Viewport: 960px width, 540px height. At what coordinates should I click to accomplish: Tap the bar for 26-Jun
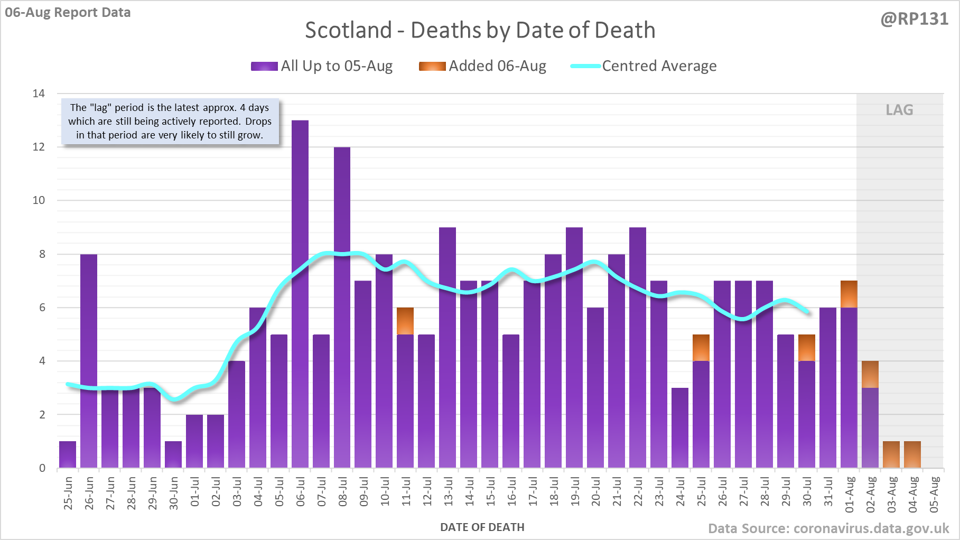(89, 360)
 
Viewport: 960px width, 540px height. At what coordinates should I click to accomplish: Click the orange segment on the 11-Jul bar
(405, 321)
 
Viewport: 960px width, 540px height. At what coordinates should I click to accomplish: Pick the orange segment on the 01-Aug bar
(849, 294)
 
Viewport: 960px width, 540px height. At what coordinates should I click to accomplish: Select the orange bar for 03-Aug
(891, 454)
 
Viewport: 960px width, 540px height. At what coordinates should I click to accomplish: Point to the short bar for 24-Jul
(680, 427)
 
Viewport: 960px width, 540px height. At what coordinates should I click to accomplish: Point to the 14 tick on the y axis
(39, 94)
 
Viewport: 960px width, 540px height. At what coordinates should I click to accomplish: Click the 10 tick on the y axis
(39, 200)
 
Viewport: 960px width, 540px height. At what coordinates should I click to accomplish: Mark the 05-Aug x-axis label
(934, 494)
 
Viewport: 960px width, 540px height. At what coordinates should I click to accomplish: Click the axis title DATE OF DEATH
(482, 527)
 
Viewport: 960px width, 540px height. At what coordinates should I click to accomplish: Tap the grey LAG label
(899, 110)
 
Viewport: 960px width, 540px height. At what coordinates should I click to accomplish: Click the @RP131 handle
(914, 19)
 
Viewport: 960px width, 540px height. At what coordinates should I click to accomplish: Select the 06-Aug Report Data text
(68, 12)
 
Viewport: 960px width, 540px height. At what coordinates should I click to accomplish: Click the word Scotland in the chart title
(348, 30)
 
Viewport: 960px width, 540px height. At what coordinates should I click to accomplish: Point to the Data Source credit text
(828, 528)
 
